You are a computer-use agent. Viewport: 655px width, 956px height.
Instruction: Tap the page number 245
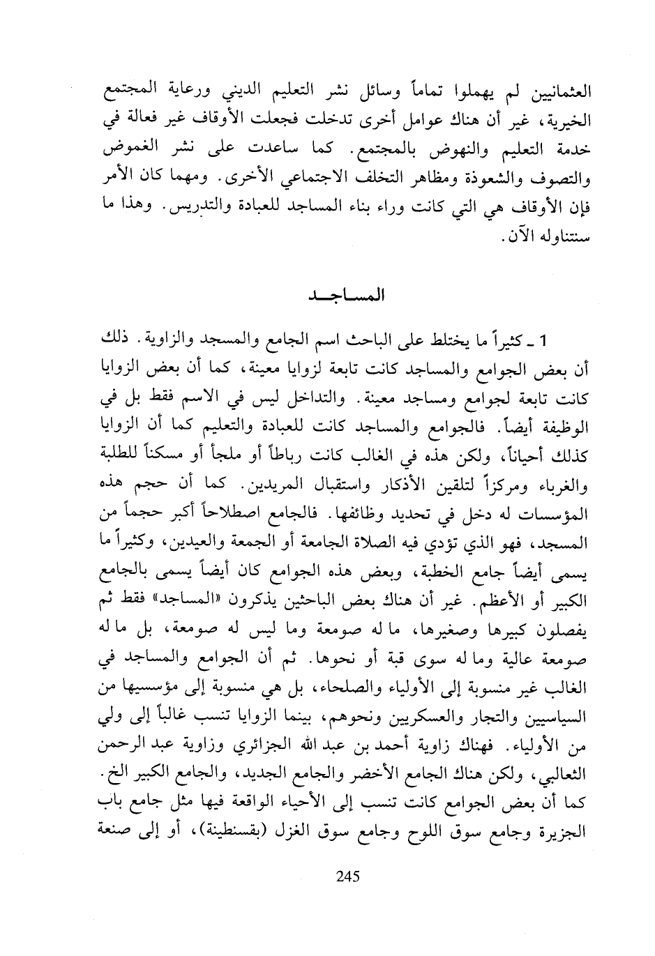[347, 877]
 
